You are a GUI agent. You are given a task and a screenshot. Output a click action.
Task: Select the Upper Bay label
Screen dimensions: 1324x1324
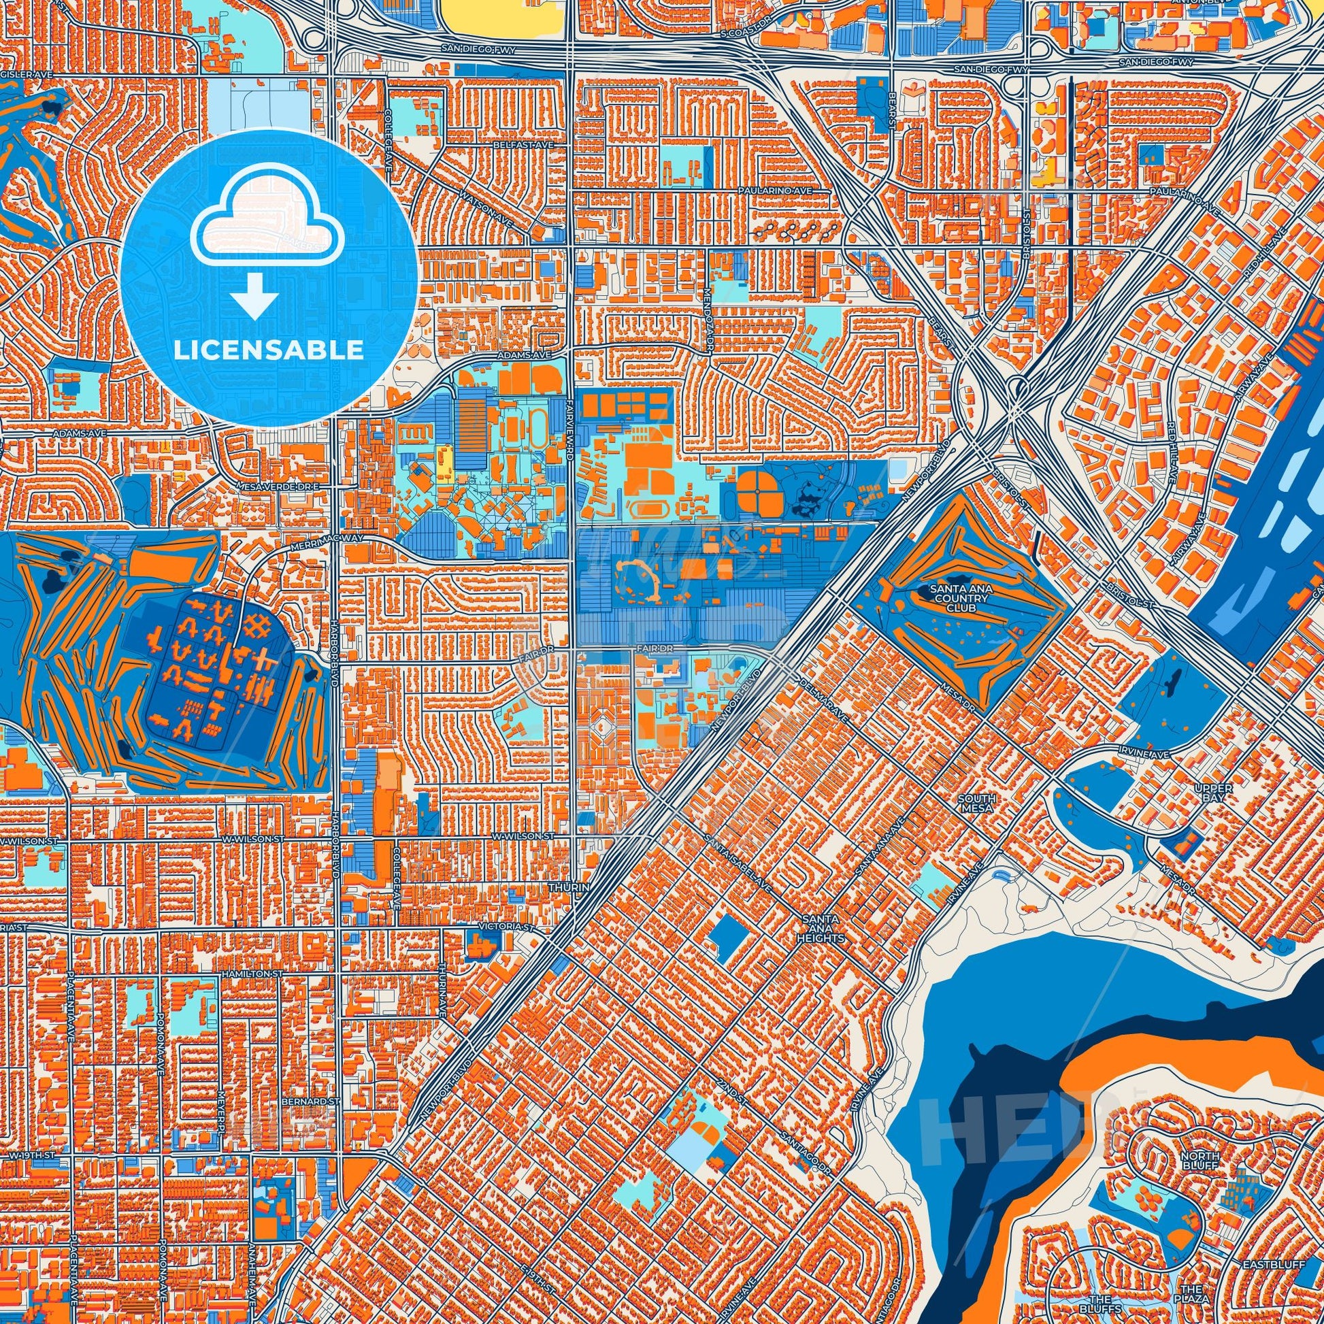coord(1213,793)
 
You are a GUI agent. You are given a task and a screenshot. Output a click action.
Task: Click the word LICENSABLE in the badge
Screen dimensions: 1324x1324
coord(269,350)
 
